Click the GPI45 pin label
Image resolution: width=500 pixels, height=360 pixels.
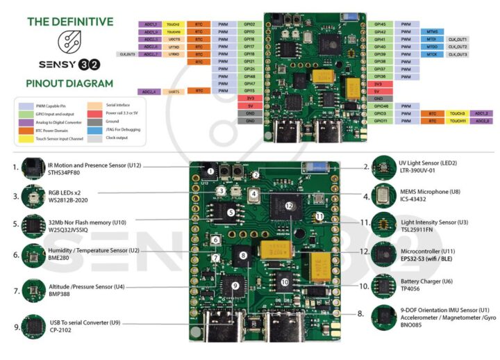coord(380,24)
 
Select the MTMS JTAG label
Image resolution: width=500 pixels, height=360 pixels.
coord(432,31)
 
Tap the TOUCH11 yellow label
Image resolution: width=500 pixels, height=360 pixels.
coord(458,120)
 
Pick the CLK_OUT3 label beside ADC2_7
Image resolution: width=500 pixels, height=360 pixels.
coord(127,54)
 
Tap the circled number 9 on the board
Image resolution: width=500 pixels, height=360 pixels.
coord(235,286)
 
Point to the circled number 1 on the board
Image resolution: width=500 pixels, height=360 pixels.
coord(209,170)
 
